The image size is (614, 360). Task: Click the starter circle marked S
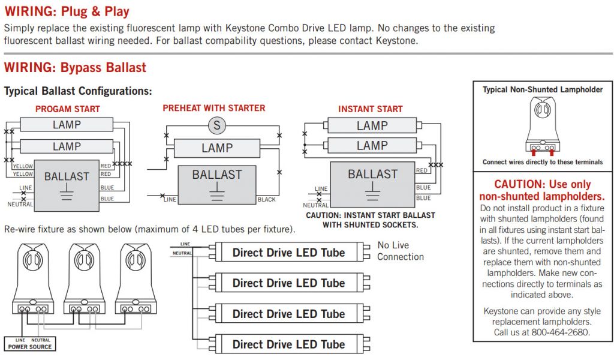tap(216, 125)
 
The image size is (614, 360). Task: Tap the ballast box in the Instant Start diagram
tap(372, 184)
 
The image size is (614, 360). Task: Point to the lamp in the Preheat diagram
tap(216, 148)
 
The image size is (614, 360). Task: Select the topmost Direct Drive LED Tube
tap(288, 253)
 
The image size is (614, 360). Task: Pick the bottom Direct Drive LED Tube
tap(288, 344)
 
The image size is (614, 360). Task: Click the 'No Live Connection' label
tap(400, 251)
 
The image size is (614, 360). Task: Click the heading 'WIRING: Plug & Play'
tap(67, 11)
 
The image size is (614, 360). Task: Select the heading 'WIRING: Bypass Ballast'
tap(75, 67)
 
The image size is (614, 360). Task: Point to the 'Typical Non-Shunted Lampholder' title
tap(543, 89)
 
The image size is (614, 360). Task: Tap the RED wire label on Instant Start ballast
tap(422, 171)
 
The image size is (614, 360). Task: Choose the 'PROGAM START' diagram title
tap(67, 109)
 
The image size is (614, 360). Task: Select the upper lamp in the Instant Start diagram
tap(372, 126)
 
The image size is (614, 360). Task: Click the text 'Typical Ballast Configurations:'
tap(78, 91)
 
